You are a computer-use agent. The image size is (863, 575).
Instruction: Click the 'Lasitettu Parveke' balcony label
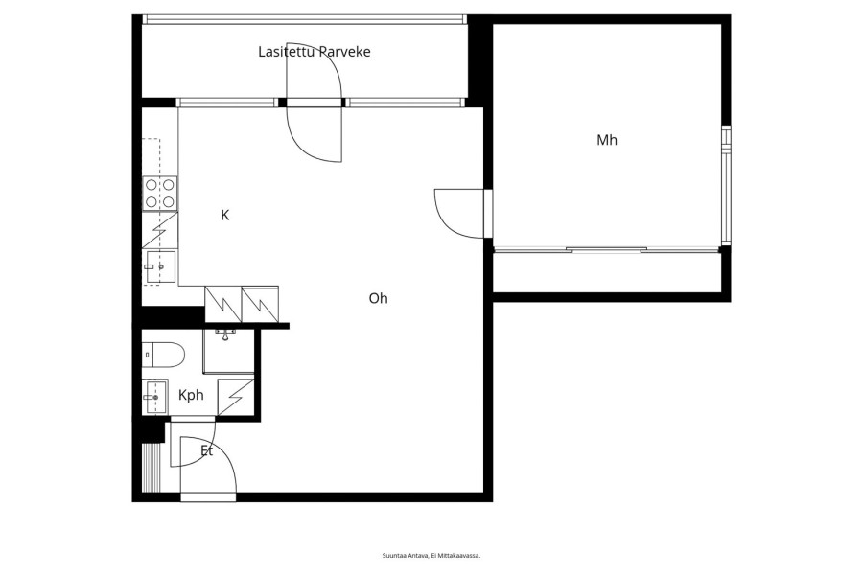click(315, 52)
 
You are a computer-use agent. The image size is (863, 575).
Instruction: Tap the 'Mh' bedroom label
click(607, 140)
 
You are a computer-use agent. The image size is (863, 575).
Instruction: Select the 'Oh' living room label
click(378, 298)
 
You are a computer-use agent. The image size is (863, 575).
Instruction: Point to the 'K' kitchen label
click(224, 215)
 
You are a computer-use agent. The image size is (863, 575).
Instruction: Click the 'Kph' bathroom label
click(191, 395)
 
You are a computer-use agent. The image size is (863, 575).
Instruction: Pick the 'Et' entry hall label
click(206, 451)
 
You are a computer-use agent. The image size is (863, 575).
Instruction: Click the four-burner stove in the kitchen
click(159, 194)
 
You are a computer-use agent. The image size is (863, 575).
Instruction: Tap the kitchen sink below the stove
click(159, 266)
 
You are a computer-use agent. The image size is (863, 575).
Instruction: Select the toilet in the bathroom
click(163, 355)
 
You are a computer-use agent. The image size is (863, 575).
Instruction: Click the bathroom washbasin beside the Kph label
click(154, 396)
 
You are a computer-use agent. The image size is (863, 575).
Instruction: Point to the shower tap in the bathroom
click(225, 334)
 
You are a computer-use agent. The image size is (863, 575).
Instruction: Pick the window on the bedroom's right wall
click(727, 185)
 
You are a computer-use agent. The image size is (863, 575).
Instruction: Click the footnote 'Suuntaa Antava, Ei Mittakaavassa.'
click(431, 556)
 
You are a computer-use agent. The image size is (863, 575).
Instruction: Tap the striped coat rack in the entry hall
click(151, 467)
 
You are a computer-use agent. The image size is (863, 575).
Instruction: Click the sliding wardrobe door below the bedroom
click(607, 250)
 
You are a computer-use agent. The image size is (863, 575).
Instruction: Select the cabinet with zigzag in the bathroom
click(236, 397)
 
